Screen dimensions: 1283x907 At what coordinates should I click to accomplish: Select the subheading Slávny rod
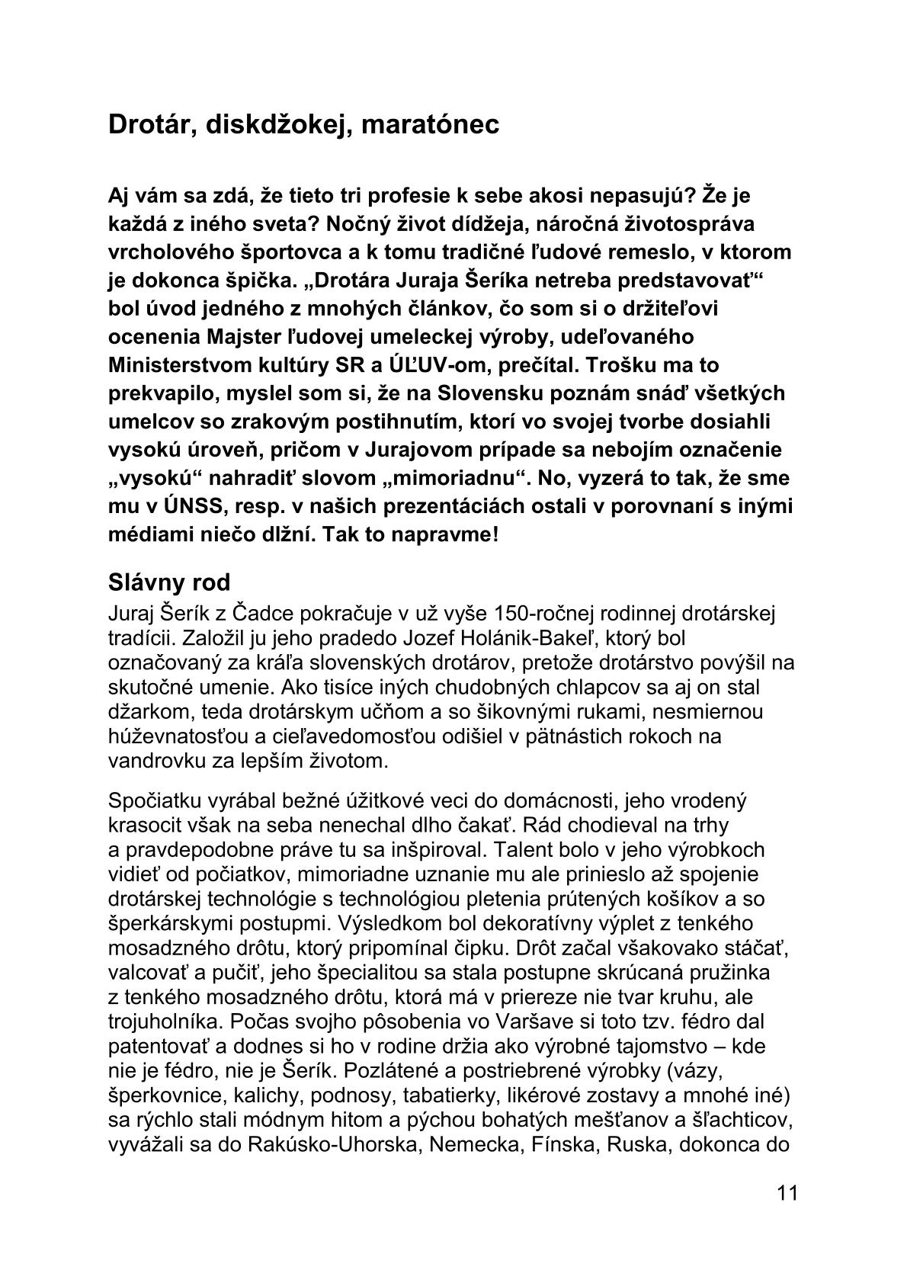(169, 583)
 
